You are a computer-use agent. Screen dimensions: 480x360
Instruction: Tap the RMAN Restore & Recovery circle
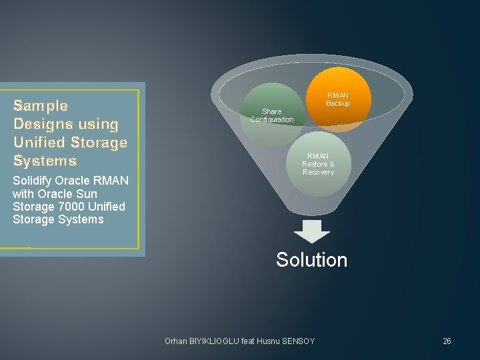[x=318, y=164]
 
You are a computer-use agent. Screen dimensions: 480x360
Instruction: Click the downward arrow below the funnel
[x=312, y=231]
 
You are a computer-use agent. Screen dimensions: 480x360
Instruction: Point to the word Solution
[x=311, y=259]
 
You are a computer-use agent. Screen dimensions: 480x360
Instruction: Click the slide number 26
[x=447, y=341]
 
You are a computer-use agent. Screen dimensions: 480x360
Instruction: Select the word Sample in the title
[x=41, y=105]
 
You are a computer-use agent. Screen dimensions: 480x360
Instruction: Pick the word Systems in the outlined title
[x=45, y=161]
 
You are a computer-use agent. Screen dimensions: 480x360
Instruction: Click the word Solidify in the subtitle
[x=33, y=181]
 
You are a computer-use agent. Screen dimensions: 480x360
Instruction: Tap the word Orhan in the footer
[x=176, y=341]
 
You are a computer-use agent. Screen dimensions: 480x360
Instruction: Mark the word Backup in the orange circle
[x=338, y=103]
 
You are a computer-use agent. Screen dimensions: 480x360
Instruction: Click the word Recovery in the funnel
[x=318, y=172]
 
